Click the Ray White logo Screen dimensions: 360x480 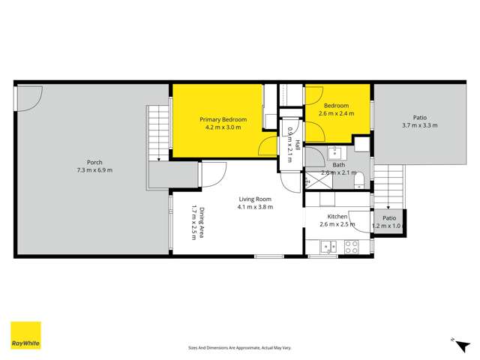click(x=25, y=335)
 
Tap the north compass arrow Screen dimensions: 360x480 click(x=454, y=340)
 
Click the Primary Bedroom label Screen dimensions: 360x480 click(x=223, y=120)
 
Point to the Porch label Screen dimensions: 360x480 click(x=94, y=162)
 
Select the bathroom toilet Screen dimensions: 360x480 click(x=358, y=178)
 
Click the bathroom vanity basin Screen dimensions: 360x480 click(x=335, y=152)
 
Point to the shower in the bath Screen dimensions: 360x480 click(x=313, y=179)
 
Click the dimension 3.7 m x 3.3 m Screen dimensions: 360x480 click(x=419, y=125)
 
